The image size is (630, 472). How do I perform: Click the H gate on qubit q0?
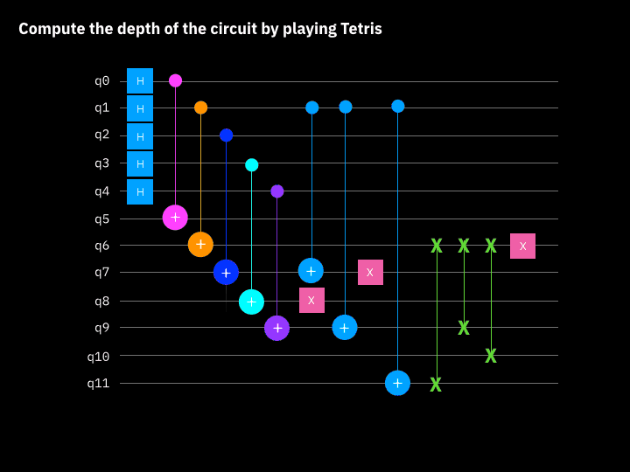(140, 80)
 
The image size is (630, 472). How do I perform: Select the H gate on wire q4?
(140, 191)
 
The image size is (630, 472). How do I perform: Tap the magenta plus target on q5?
(175, 218)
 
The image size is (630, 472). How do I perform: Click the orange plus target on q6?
(200, 245)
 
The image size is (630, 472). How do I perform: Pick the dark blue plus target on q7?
(226, 273)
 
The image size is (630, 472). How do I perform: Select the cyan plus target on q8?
(251, 302)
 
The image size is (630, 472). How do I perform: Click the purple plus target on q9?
(276, 328)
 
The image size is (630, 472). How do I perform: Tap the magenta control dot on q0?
(175, 80)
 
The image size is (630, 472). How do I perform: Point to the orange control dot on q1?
(200, 108)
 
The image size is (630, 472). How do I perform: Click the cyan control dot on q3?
(251, 164)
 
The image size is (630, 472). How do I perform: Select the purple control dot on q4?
(276, 191)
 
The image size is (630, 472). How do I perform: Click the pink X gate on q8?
(311, 300)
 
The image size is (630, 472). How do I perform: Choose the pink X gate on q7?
(370, 272)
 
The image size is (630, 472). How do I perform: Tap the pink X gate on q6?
(522, 246)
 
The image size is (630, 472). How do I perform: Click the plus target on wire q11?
(397, 383)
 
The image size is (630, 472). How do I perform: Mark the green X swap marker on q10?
(491, 356)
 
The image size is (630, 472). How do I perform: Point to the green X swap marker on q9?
(464, 328)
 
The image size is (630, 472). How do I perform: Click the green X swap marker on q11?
(436, 385)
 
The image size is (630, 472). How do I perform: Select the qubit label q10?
(98, 356)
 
